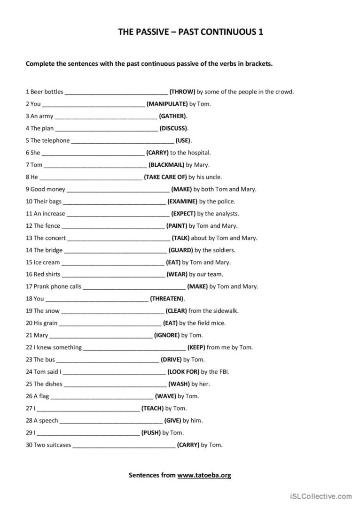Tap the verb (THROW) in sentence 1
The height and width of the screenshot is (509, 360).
tap(182, 92)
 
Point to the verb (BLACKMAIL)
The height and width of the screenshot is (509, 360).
tap(166, 165)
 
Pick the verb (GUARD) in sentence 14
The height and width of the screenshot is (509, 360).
tap(181, 250)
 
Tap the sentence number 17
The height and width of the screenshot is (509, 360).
tap(29, 286)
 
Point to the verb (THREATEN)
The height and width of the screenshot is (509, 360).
tap(167, 299)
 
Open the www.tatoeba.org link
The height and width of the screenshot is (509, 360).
tap(204, 475)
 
